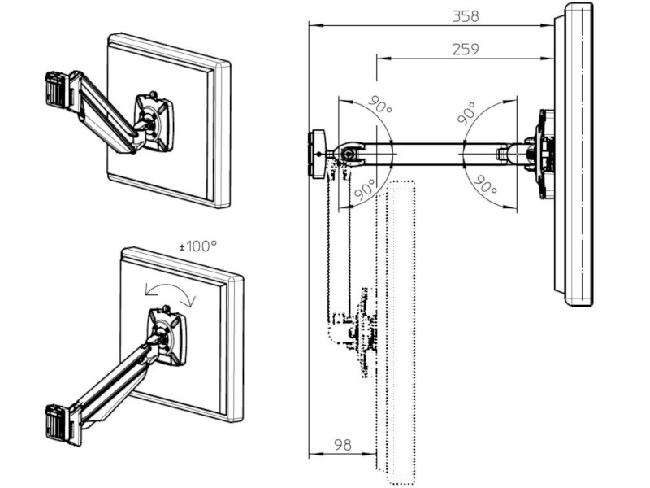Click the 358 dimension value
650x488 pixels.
(x=466, y=15)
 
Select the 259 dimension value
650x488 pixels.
(x=465, y=49)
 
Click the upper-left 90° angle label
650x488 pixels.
(x=379, y=105)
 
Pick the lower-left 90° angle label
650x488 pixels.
(x=366, y=190)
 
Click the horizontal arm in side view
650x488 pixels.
(x=431, y=151)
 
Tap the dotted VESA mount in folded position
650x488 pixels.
(x=360, y=333)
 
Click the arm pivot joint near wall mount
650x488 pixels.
(x=348, y=154)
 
